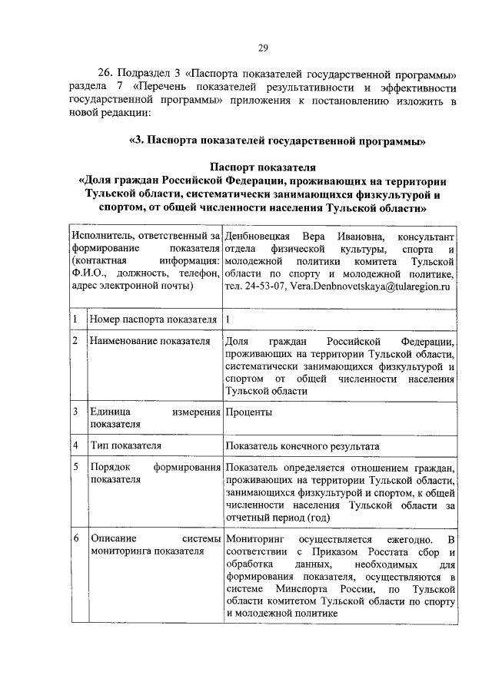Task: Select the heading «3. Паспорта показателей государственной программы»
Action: click(x=278, y=141)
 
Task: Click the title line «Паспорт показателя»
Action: click(x=262, y=167)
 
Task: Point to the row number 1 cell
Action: click(x=75, y=318)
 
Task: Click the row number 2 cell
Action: click(x=75, y=340)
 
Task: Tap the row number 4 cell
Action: click(x=75, y=445)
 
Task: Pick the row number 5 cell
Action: click(x=75, y=468)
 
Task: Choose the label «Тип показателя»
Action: click(x=125, y=445)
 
